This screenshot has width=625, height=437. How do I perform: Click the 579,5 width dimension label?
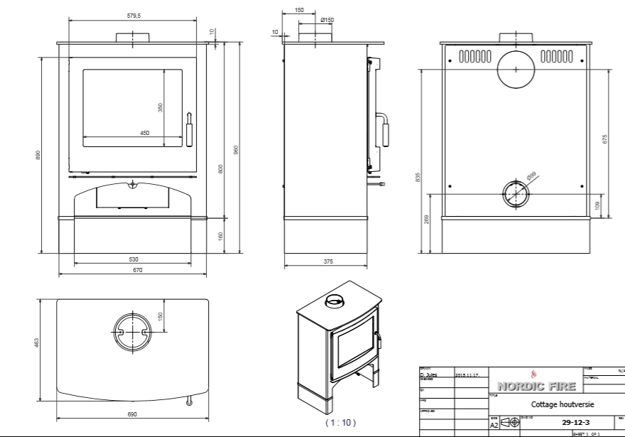133,15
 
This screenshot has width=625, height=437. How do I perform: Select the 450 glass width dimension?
144,133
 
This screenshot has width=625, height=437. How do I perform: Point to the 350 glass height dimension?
161,107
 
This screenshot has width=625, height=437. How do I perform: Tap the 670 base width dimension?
137,270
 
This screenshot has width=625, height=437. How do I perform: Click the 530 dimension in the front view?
134,259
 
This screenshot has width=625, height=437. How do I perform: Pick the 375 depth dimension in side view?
328,261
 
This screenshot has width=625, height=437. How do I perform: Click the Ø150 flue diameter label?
327,20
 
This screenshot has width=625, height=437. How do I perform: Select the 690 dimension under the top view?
132,414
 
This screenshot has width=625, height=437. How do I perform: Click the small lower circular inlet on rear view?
516,193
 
